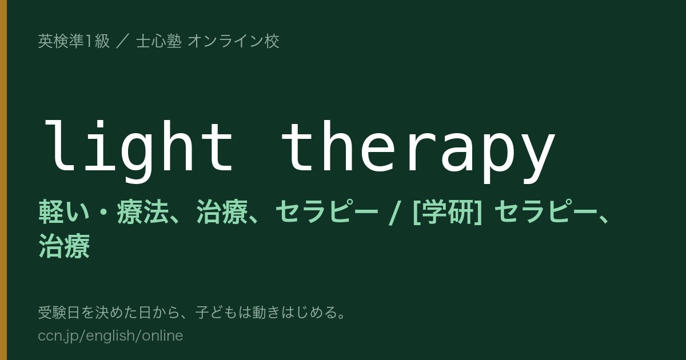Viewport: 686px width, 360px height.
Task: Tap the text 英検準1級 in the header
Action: click(74, 41)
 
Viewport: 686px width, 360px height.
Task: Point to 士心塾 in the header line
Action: click(159, 41)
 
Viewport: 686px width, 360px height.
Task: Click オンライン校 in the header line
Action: click(233, 41)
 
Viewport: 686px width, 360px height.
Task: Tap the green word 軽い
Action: click(64, 211)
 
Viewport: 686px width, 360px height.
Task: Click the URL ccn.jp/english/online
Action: click(110, 335)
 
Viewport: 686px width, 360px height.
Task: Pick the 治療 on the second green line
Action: click(64, 246)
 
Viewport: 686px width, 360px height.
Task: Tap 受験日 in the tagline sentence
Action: click(59, 313)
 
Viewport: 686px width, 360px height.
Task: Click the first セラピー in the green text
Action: click(327, 211)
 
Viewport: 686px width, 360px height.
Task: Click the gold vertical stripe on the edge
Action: click(3, 180)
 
